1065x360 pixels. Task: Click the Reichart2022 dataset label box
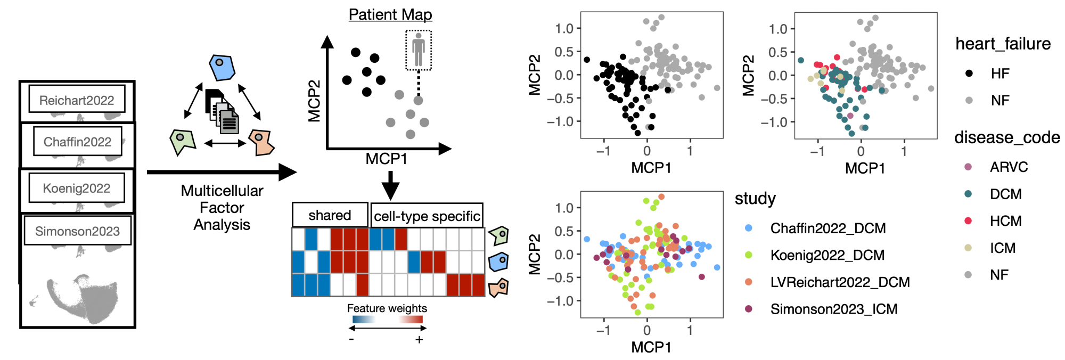tap(77, 100)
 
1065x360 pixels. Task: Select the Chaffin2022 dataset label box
tap(77, 141)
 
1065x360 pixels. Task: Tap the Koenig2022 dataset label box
tap(77, 188)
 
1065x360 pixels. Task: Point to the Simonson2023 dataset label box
tap(77, 231)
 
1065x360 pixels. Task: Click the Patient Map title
tap(390, 14)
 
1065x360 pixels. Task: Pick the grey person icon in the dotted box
tap(419, 50)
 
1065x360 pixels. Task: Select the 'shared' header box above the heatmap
tap(330, 215)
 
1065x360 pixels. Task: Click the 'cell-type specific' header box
tap(427, 216)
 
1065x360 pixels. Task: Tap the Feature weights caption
tap(387, 308)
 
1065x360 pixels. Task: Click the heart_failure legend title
tap(1003, 44)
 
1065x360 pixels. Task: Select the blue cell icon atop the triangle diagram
tap(222, 68)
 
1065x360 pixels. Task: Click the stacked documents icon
tap(222, 112)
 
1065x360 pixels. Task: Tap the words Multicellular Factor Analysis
tap(222, 208)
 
